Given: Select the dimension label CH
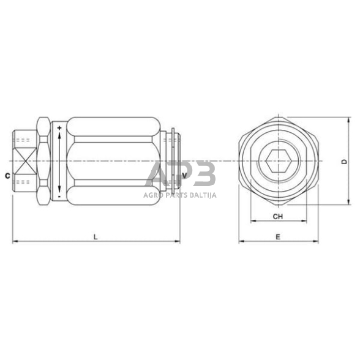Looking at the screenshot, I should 277,216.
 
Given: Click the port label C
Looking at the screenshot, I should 7,176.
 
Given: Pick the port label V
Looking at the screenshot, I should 184,174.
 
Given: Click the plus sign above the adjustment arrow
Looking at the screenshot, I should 59,128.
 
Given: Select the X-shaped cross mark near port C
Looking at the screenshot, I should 26,162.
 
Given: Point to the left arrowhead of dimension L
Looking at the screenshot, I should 15,241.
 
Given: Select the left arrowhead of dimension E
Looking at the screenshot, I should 241,241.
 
